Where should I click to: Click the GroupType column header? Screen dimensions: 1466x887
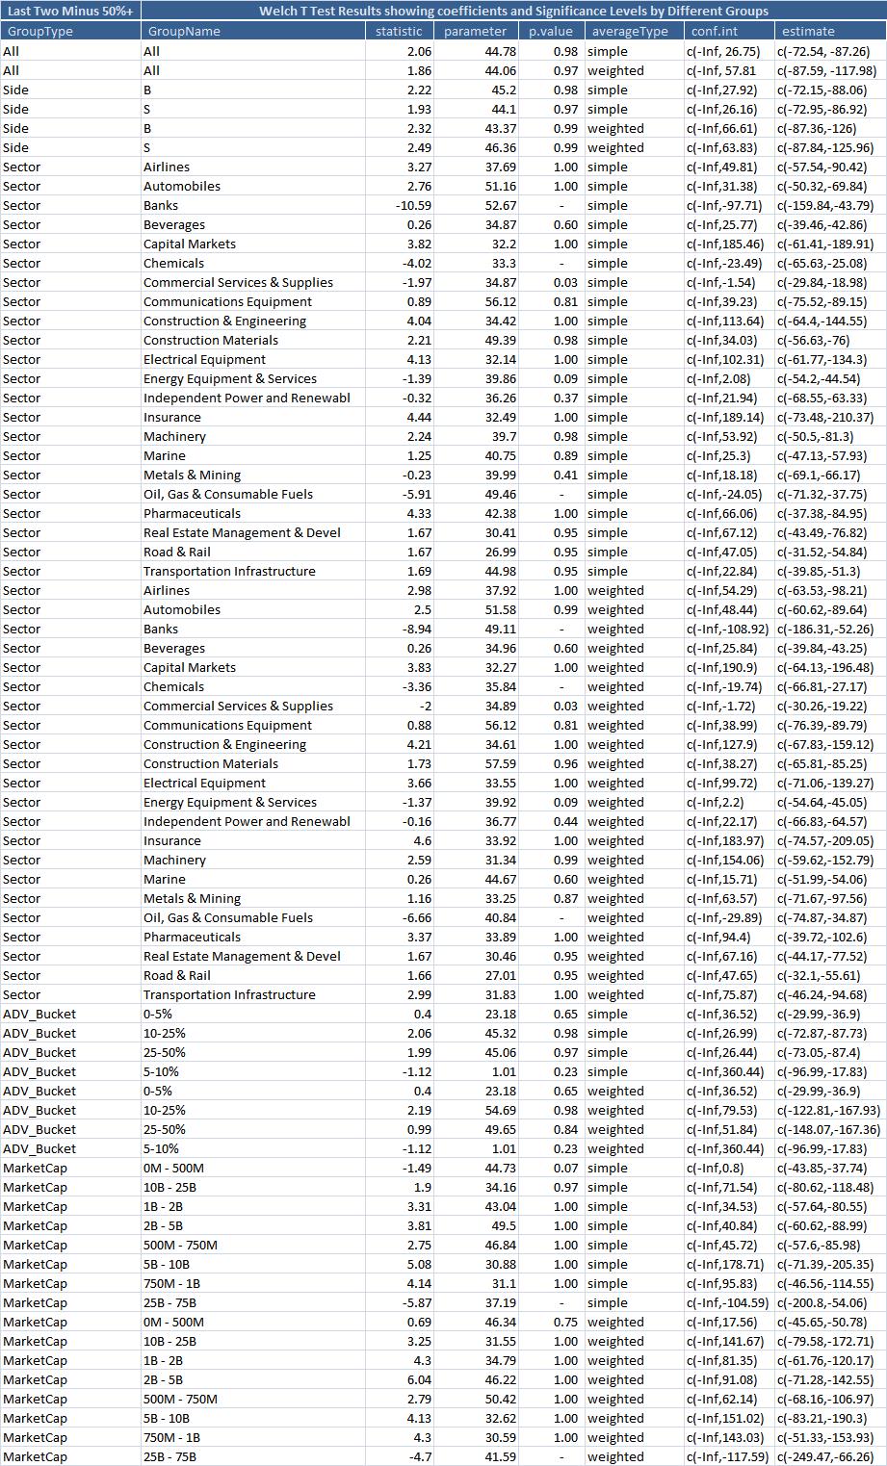coord(39,31)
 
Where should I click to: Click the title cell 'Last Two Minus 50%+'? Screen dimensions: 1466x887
coord(70,11)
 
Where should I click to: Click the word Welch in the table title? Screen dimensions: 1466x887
coord(279,11)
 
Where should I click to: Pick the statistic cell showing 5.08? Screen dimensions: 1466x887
coord(405,1264)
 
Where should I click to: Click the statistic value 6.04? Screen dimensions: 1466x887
coord(405,1379)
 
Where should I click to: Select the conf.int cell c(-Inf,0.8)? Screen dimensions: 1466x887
coord(719,1168)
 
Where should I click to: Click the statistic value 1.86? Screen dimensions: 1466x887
coord(405,70)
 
